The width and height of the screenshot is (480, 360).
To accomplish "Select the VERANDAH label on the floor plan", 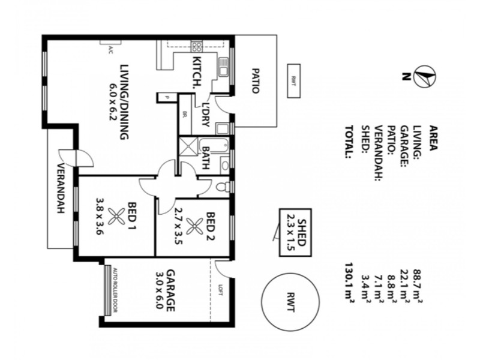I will pos(61,197).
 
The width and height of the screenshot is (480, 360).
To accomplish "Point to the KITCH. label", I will pos(196,72).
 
